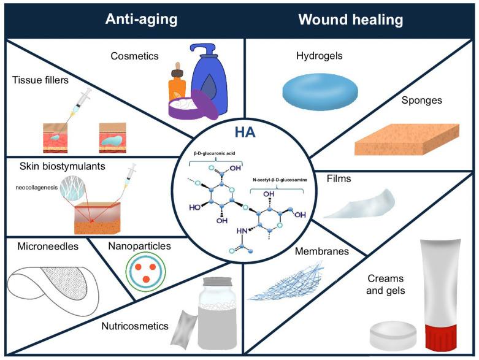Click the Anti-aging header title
(x=141, y=20)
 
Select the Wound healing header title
(x=350, y=20)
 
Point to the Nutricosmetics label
(x=135, y=326)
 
